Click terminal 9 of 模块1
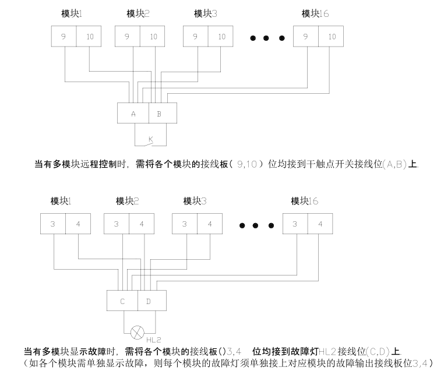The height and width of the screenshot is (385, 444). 64,37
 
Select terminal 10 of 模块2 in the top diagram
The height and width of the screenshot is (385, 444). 153,37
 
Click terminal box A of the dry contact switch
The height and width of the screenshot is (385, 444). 133,114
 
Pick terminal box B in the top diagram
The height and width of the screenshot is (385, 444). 159,114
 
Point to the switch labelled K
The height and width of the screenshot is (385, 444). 150,139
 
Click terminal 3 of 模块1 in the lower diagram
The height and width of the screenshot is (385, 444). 52,224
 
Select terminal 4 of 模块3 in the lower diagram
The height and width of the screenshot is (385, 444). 210,224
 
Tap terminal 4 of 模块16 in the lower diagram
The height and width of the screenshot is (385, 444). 320,224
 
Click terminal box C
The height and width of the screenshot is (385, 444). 122,301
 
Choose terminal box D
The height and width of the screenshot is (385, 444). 149,301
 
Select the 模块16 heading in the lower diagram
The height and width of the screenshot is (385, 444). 305,201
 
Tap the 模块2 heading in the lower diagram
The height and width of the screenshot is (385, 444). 127,201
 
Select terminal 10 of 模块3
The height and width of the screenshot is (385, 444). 221,37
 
